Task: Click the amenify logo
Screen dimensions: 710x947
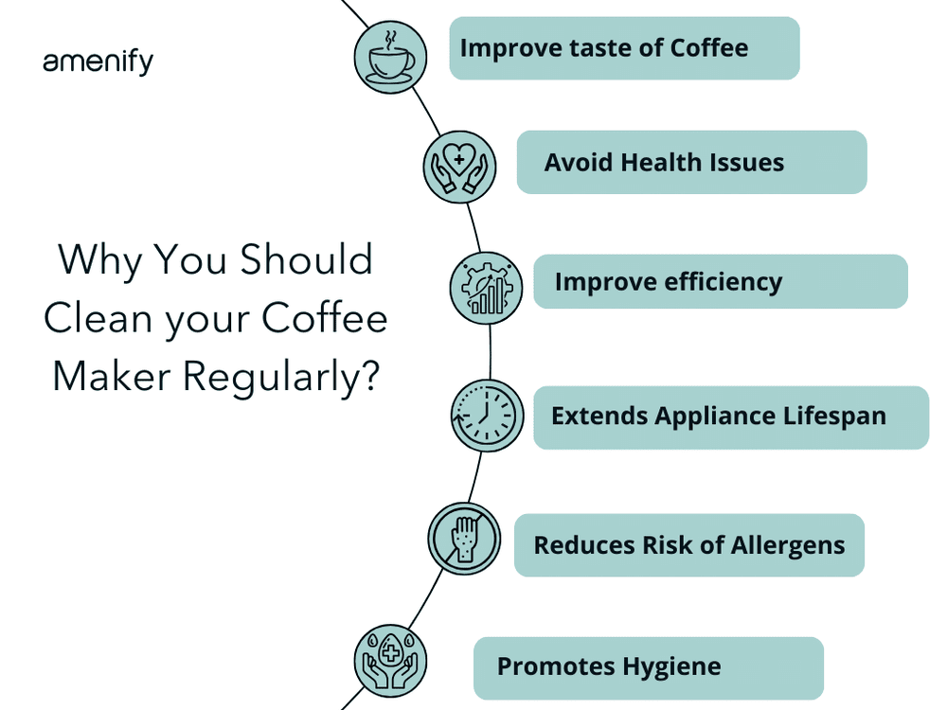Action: [x=98, y=62]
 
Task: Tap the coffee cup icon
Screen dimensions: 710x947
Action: [x=391, y=57]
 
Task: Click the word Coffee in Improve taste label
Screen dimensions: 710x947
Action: [x=708, y=47]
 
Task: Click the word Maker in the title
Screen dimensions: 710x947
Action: [x=112, y=376]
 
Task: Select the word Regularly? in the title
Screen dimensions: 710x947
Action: [x=281, y=376]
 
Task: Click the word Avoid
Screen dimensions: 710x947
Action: [x=578, y=163]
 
